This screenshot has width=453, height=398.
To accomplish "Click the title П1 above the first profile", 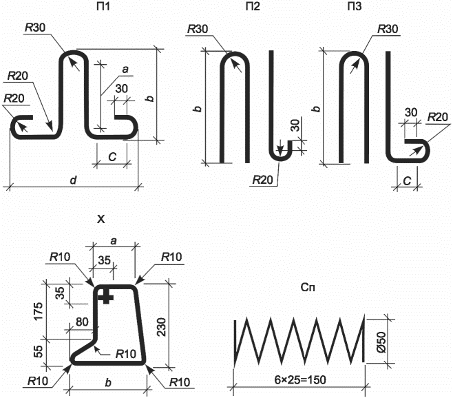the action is (x=103, y=6).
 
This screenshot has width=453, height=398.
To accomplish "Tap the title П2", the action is (x=253, y=6).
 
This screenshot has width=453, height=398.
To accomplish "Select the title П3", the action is (x=355, y=6).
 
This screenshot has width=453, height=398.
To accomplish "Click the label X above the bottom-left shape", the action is (x=101, y=220).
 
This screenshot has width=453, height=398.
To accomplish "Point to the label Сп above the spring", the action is (x=308, y=287).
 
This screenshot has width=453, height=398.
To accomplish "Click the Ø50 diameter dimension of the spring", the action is (x=381, y=342).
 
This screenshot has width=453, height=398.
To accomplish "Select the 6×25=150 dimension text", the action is (x=300, y=380).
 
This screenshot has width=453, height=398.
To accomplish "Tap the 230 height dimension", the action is (x=162, y=327).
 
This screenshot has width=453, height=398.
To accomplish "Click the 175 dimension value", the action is (x=38, y=311).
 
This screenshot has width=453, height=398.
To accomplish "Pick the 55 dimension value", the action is (x=38, y=351).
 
